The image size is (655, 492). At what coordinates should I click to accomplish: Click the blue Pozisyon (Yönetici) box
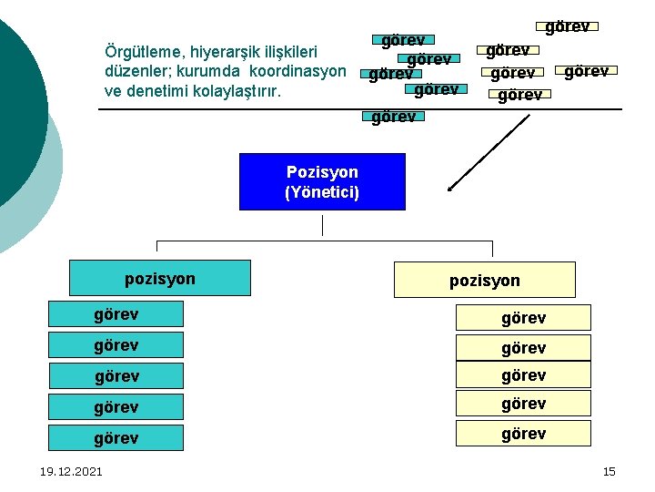coord(322,182)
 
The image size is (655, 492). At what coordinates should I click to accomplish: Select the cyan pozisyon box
coord(160,278)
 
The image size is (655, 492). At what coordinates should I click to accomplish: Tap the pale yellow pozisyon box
coord(484,281)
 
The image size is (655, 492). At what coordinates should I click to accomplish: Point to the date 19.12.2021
coord(71,471)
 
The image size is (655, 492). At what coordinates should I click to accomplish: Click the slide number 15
coord(609,471)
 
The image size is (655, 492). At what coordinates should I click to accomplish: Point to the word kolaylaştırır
coord(237,91)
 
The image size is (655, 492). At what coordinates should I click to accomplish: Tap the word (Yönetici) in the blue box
coord(322,193)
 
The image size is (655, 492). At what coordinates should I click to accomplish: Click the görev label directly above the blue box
coord(394,117)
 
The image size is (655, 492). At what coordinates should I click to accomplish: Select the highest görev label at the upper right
coord(567,26)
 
